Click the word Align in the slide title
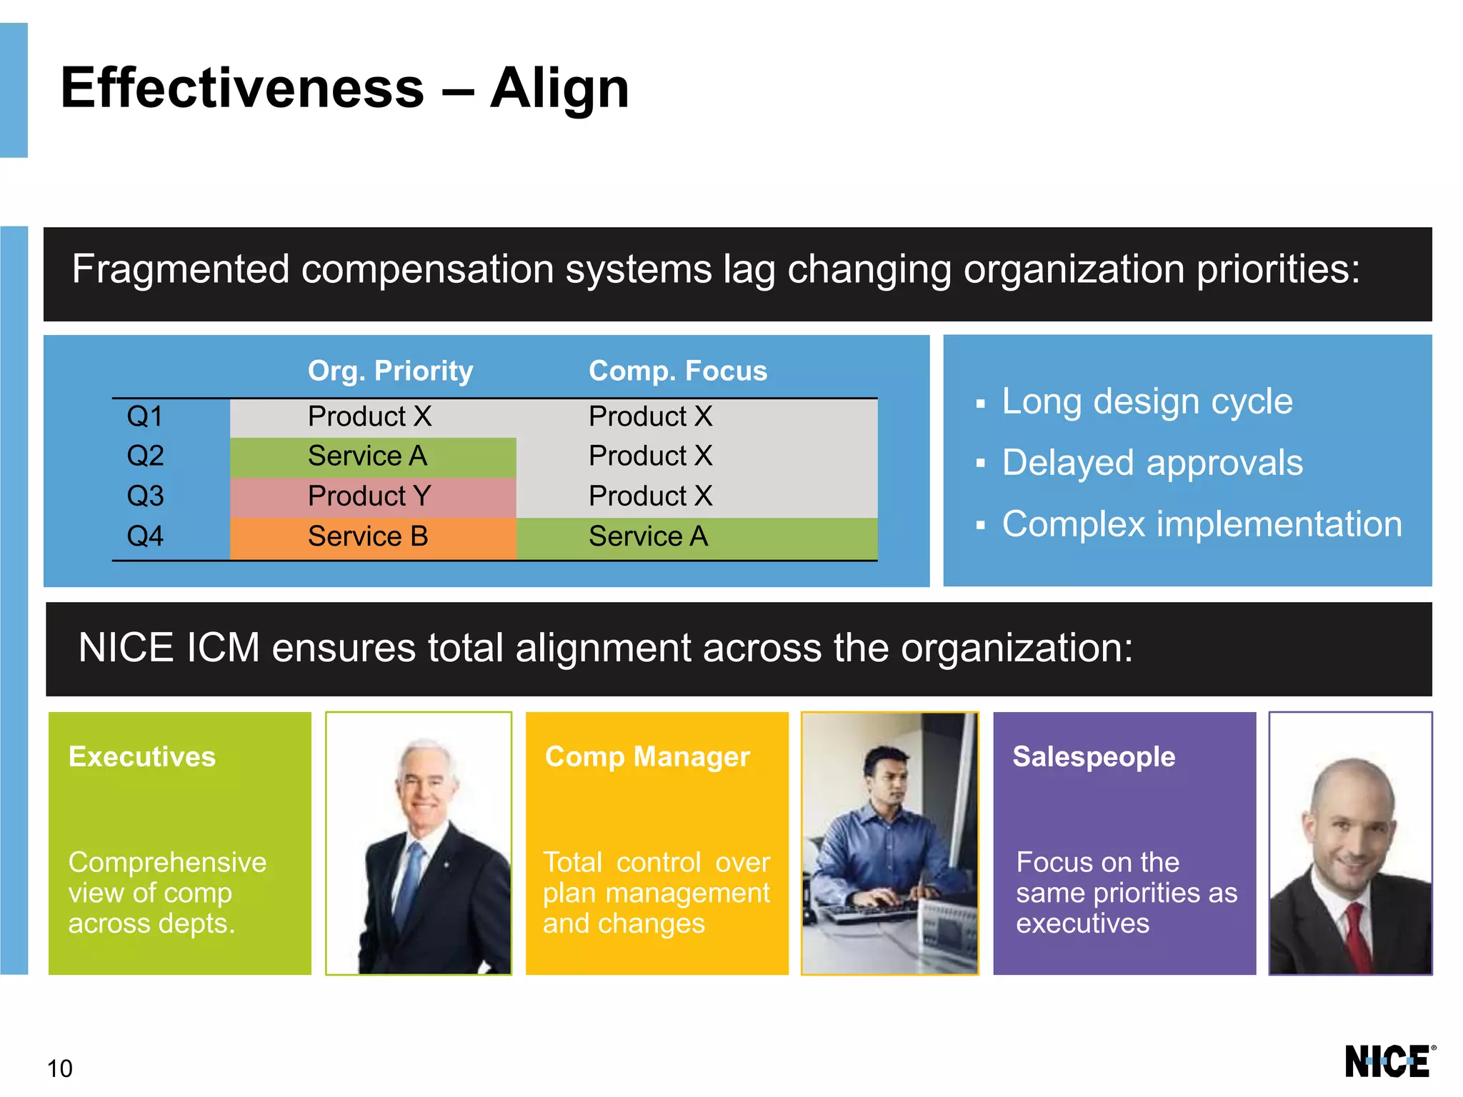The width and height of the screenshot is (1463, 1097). point(559,89)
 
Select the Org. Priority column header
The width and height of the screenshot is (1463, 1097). point(390,371)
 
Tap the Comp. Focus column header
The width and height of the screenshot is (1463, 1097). point(677,371)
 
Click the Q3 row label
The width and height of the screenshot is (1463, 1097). point(145,496)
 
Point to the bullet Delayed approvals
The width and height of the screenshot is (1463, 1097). point(1152,463)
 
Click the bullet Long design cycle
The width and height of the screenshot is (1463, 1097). point(1147,401)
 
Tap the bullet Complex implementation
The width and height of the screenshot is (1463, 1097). point(1202,524)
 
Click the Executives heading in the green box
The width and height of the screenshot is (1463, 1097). point(142,756)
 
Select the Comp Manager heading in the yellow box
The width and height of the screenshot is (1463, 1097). point(647,756)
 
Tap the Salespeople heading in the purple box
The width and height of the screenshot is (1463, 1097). point(1094,756)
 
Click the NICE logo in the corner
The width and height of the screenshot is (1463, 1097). point(1388,1061)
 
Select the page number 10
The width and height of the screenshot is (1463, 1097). point(60,1068)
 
